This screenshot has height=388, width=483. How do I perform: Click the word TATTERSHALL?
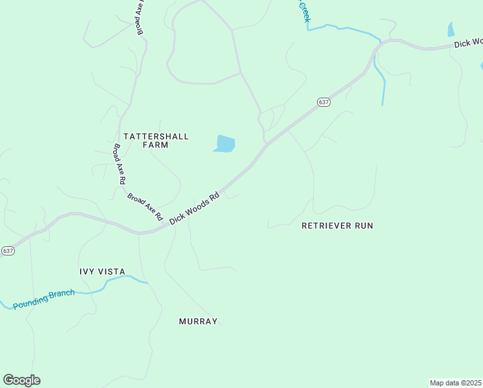click(156, 136)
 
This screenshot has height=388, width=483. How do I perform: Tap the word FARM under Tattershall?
click(155, 145)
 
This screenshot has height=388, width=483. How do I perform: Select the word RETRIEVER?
click(326, 226)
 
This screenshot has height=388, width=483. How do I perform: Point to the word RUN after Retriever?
click(363, 226)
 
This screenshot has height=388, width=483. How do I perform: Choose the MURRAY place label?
click(198, 321)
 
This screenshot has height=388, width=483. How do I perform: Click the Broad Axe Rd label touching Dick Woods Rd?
click(145, 207)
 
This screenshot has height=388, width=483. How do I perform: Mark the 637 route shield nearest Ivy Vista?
click(8, 250)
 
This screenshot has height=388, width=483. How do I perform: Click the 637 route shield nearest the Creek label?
click(324, 102)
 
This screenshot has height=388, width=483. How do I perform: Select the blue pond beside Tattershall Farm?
click(225, 144)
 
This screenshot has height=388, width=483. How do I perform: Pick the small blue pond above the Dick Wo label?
click(451, 29)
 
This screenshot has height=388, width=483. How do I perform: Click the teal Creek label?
click(303, 12)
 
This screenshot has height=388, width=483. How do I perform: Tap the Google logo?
click(21, 380)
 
